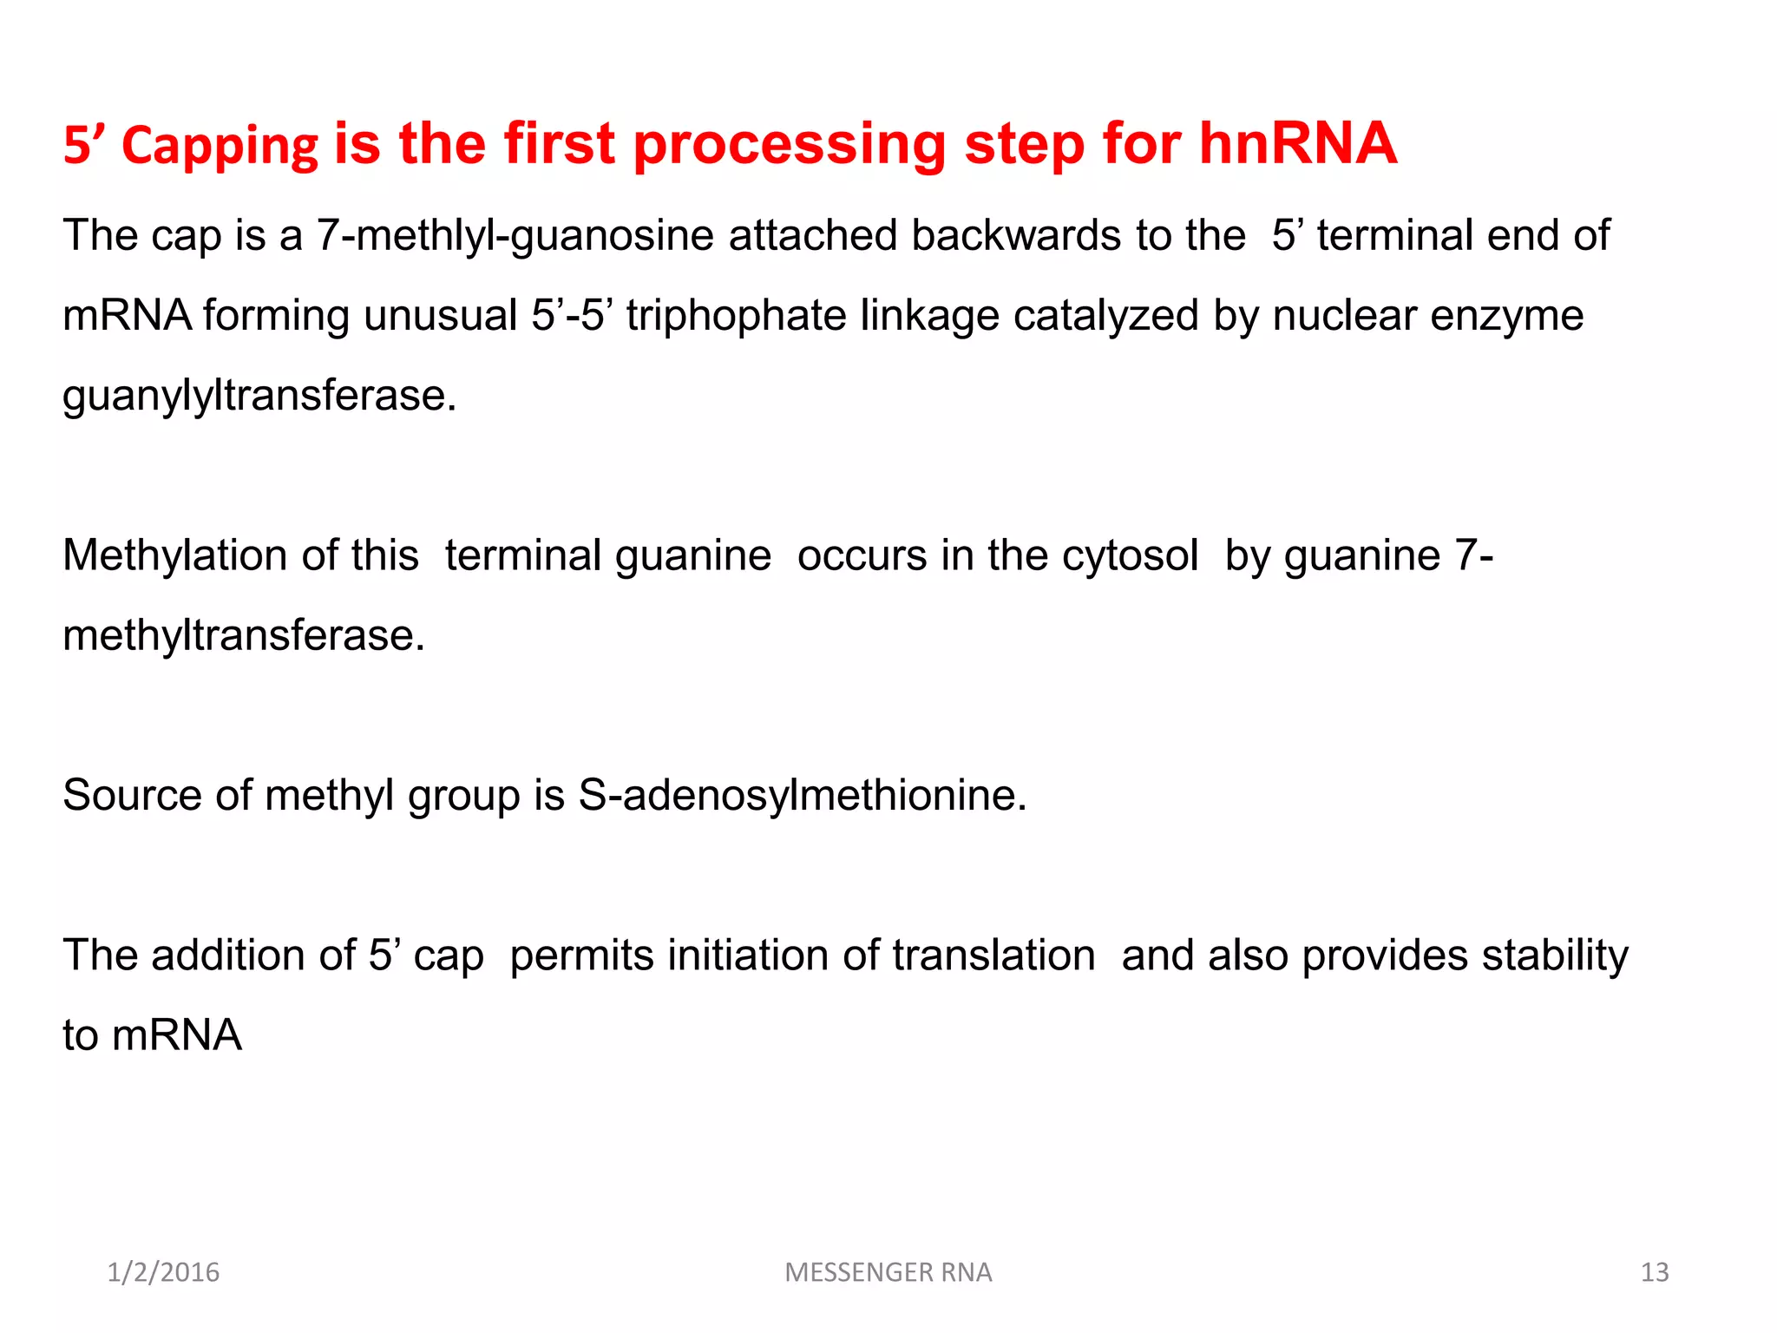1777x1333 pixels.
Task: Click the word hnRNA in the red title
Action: [x=1298, y=143]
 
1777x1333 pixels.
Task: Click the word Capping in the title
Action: [x=220, y=146]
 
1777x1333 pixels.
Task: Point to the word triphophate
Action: [x=736, y=316]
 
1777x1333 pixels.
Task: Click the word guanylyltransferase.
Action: [x=259, y=397]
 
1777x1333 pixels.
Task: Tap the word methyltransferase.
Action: [x=244, y=636]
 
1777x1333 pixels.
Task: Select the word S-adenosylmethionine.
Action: [x=802, y=796]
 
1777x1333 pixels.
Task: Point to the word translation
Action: [x=993, y=955]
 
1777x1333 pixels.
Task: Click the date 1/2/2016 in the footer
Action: [x=163, y=1272]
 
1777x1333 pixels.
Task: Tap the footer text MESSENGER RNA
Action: [x=888, y=1272]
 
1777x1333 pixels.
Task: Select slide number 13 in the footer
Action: [x=1654, y=1272]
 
